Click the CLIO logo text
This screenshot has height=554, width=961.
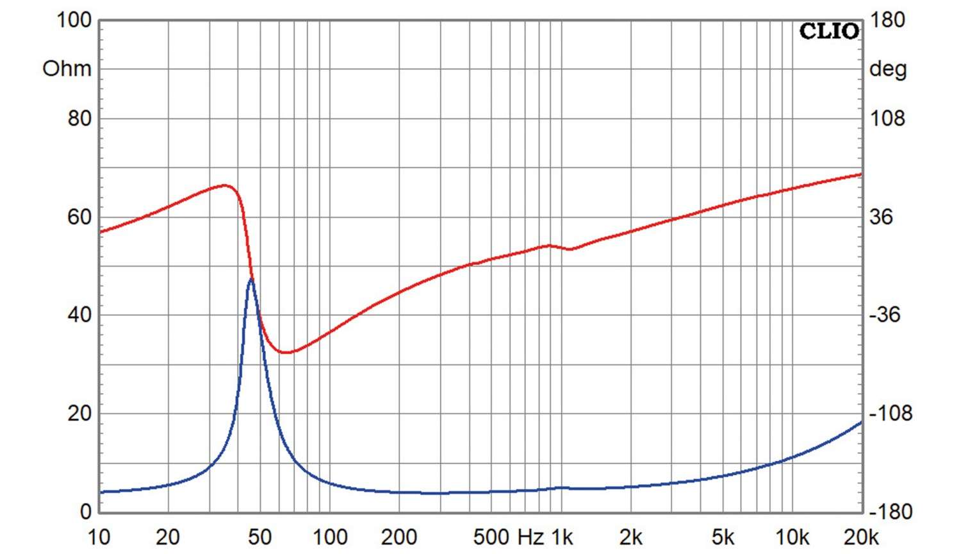coord(828,31)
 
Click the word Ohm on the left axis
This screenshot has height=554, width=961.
coord(67,69)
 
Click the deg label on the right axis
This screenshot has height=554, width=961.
coord(887,69)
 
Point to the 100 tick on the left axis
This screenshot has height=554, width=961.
coord(74,20)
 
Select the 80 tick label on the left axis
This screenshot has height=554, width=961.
coord(79,119)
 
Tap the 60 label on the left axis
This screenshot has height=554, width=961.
coord(79,217)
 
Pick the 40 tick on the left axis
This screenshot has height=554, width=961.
coord(79,315)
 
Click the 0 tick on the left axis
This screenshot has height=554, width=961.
coord(86,512)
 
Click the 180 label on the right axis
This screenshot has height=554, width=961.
coord(887,20)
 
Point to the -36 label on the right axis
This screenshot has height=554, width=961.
coord(884,315)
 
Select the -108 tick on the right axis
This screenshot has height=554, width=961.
coord(890,414)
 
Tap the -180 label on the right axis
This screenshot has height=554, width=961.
coord(890,512)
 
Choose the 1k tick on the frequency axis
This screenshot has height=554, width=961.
coord(562,537)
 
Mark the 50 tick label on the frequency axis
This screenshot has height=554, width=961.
coord(259,537)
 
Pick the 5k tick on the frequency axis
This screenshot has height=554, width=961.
coord(723,537)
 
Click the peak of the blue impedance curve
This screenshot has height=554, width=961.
coord(251,279)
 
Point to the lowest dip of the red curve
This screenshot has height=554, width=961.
coord(286,352)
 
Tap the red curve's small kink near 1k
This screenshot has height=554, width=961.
coord(570,249)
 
